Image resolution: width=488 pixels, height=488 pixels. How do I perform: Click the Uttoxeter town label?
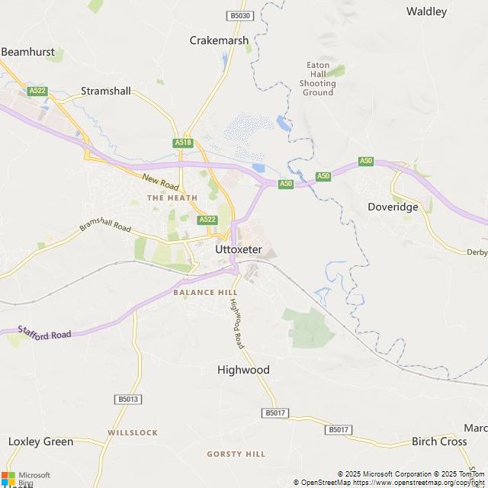239,249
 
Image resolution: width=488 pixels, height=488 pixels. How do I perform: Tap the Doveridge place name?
393,207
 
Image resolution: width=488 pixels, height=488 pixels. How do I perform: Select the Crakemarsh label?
219,40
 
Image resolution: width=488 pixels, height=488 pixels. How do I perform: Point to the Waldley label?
426,11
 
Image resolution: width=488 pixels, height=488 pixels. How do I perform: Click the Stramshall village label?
106,91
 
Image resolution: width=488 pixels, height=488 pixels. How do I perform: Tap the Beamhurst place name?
27,52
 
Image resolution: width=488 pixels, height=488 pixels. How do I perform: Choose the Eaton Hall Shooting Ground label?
317,79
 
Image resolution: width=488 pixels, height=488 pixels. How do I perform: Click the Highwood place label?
243,370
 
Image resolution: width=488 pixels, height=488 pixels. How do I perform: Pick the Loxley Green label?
40,441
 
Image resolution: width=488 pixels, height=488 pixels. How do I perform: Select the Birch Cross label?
438,441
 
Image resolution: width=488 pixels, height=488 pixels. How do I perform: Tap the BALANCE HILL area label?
205,292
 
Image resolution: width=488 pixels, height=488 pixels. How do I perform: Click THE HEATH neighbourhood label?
172,197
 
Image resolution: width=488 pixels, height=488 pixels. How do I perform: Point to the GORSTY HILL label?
236,454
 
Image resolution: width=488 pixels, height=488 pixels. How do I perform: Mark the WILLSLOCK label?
133,432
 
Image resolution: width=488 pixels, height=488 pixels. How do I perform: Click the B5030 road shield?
239,15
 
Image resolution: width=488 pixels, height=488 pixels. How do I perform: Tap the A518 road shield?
183,143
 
